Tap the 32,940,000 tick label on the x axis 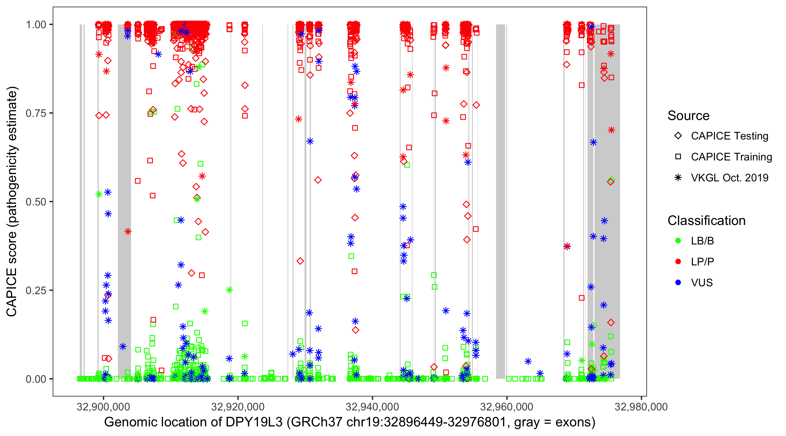coord(372,407)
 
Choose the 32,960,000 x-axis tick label coord(507,407)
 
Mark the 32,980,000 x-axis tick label coord(641,407)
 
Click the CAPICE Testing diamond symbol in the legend coord(678,136)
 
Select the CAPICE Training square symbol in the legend coord(678,157)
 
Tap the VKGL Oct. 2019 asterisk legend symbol coord(678,178)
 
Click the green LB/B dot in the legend coord(678,241)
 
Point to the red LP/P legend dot coord(678,262)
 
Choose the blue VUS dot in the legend coord(678,283)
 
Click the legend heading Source coord(688,116)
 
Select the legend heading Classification coord(706,221)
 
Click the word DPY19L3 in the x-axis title coord(254,422)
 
